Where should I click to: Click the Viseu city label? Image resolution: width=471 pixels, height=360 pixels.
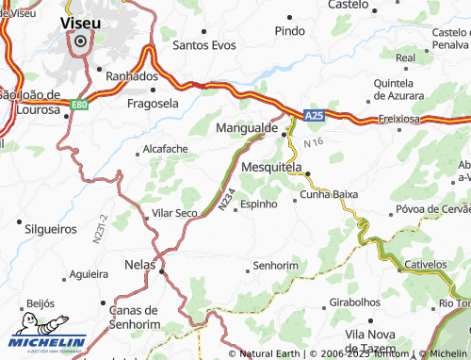[81, 20]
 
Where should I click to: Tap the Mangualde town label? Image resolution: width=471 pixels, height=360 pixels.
[246, 126]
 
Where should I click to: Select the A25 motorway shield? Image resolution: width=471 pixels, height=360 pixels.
[315, 116]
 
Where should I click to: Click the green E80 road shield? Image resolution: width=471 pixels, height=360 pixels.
[80, 105]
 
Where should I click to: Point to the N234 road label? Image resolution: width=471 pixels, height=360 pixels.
[224, 199]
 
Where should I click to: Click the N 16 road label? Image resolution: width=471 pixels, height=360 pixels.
[313, 141]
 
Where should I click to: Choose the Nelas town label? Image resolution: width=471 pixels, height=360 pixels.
[139, 265]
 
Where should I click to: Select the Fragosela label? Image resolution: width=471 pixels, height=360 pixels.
[153, 104]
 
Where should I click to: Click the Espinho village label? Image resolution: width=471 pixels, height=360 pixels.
[259, 204]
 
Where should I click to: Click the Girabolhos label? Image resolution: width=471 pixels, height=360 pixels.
[355, 304]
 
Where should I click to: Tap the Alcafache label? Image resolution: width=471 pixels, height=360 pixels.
[165, 149]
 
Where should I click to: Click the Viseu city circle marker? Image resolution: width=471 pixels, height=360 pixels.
[81, 41]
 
